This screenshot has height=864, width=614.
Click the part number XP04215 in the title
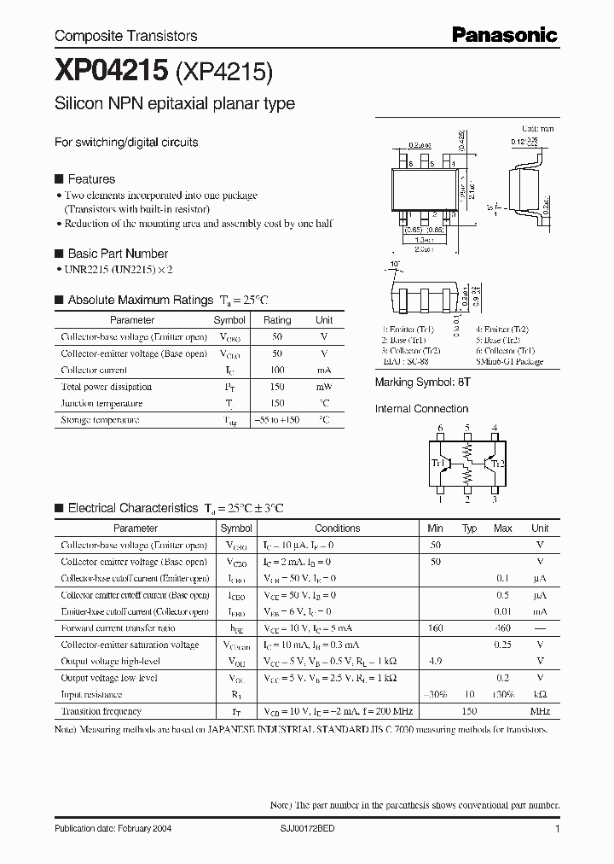111,72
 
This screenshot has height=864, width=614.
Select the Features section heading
91,179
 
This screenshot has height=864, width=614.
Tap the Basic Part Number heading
118,254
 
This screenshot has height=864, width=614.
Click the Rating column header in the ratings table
277,320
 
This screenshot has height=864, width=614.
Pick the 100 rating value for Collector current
277,371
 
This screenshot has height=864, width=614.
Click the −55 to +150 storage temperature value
277,421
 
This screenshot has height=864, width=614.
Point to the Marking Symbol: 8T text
422,383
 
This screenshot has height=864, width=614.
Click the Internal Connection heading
421,409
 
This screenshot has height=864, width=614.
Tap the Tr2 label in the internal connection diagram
497,463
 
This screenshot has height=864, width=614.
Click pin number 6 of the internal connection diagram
440,428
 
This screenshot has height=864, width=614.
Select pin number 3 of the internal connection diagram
495,501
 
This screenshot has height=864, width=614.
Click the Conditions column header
338,528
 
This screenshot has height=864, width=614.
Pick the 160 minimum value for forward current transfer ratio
436,628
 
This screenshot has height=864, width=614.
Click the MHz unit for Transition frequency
540,711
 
